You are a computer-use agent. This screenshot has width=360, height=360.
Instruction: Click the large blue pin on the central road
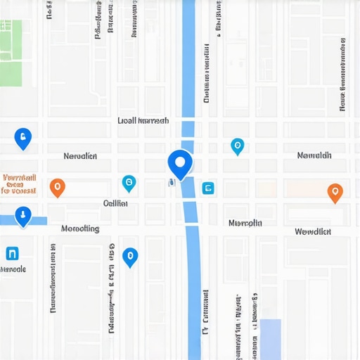coord(180,163)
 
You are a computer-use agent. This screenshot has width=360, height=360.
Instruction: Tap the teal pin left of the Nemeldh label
coord(237,146)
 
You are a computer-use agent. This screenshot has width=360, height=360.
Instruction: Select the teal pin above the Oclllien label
coord(129,183)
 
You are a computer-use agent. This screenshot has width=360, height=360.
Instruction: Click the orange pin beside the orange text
coord(58,187)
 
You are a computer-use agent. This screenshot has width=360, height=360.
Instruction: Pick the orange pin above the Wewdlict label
coord(335,192)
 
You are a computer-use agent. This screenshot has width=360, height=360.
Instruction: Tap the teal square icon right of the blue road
coord(207,188)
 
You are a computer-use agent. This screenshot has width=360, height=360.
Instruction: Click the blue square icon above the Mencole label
coord(12,253)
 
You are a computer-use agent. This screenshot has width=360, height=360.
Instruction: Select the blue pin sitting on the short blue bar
coord(23,217)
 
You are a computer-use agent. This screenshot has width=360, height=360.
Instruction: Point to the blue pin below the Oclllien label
coord(129,257)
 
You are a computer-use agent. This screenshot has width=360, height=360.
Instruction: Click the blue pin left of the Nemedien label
coord(23,139)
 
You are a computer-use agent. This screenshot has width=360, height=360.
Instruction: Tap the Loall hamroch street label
coord(143,120)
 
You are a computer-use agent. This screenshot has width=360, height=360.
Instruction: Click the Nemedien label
coord(80,155)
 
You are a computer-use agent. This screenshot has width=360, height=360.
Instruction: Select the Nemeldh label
coord(314,155)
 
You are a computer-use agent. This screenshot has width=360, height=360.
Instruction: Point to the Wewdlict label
coord(313,231)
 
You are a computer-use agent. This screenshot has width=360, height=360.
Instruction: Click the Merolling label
coord(80,229)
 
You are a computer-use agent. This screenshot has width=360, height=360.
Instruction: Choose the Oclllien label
coord(115,203)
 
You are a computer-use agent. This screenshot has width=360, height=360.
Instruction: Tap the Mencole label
coord(13,269)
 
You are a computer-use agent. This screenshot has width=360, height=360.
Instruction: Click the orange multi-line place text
coord(19,184)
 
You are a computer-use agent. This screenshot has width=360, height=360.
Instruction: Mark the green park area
coord(10,53)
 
